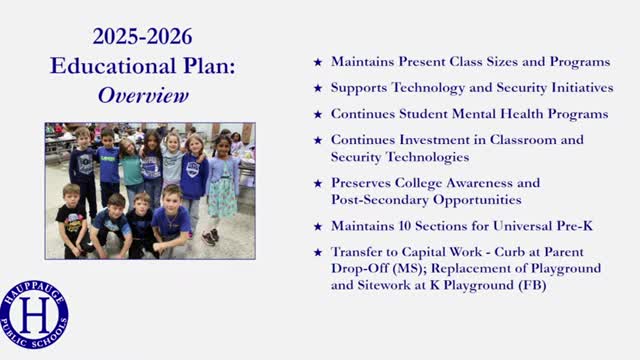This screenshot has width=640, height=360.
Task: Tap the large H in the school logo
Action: [35, 315]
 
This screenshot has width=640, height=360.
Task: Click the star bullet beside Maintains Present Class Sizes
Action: [318, 62]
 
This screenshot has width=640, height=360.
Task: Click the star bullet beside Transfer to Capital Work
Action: [318, 253]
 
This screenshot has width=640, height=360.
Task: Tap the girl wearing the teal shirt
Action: [131, 170]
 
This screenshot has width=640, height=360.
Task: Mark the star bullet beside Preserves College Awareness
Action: [318, 184]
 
